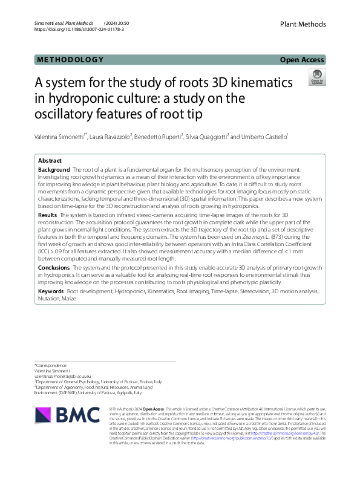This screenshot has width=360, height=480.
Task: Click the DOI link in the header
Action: click(x=73, y=29)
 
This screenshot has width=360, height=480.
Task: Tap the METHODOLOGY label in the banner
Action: click(x=70, y=60)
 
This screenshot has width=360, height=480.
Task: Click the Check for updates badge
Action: click(x=316, y=77)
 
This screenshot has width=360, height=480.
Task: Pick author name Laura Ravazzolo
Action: click(x=111, y=138)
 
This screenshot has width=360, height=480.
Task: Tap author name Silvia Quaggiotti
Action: click(x=207, y=138)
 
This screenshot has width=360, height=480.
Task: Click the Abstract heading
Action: click(x=50, y=161)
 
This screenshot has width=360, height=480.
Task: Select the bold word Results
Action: click(x=48, y=215)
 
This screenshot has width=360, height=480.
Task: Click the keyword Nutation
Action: click(x=49, y=299)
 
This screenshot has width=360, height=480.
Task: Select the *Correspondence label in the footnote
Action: click(x=52, y=366)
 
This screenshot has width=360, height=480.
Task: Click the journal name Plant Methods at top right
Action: click(x=303, y=24)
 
